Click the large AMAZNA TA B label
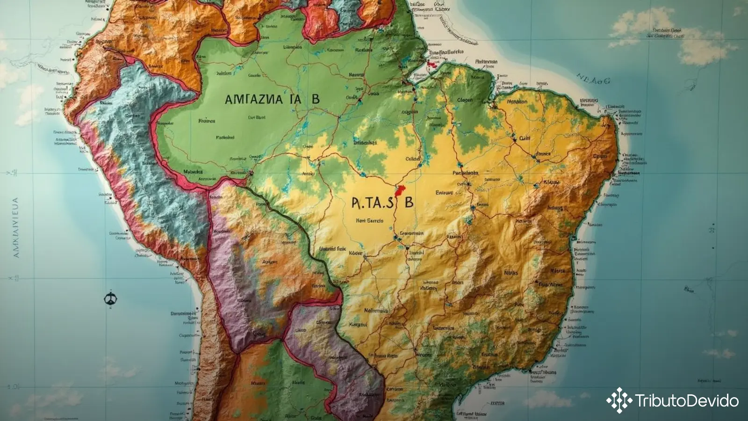(x=272, y=99)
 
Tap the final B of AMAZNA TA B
(x=316, y=99)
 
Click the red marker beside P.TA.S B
(x=399, y=191)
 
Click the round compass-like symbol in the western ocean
(x=110, y=298)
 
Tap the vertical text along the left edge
(x=16, y=228)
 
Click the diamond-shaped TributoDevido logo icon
(x=619, y=400)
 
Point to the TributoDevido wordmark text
(x=687, y=401)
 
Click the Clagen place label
(x=465, y=100)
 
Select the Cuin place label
(x=525, y=138)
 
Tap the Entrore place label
(x=444, y=193)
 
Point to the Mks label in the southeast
(x=511, y=272)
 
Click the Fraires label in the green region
(x=206, y=121)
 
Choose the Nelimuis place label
(x=376, y=311)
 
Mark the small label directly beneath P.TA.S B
(x=369, y=220)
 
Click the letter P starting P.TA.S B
(x=355, y=203)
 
